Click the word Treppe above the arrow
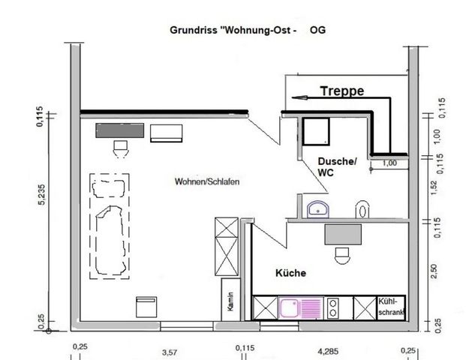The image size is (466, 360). coord(341,91)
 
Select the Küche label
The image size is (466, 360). coord(290,274)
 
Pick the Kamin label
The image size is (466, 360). coord(233,301)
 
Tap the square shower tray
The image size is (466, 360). coord(316,132)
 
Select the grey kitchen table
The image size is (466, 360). coord(344,235)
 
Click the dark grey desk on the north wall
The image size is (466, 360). coord(119,130)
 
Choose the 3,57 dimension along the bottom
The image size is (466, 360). coord(170,350)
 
